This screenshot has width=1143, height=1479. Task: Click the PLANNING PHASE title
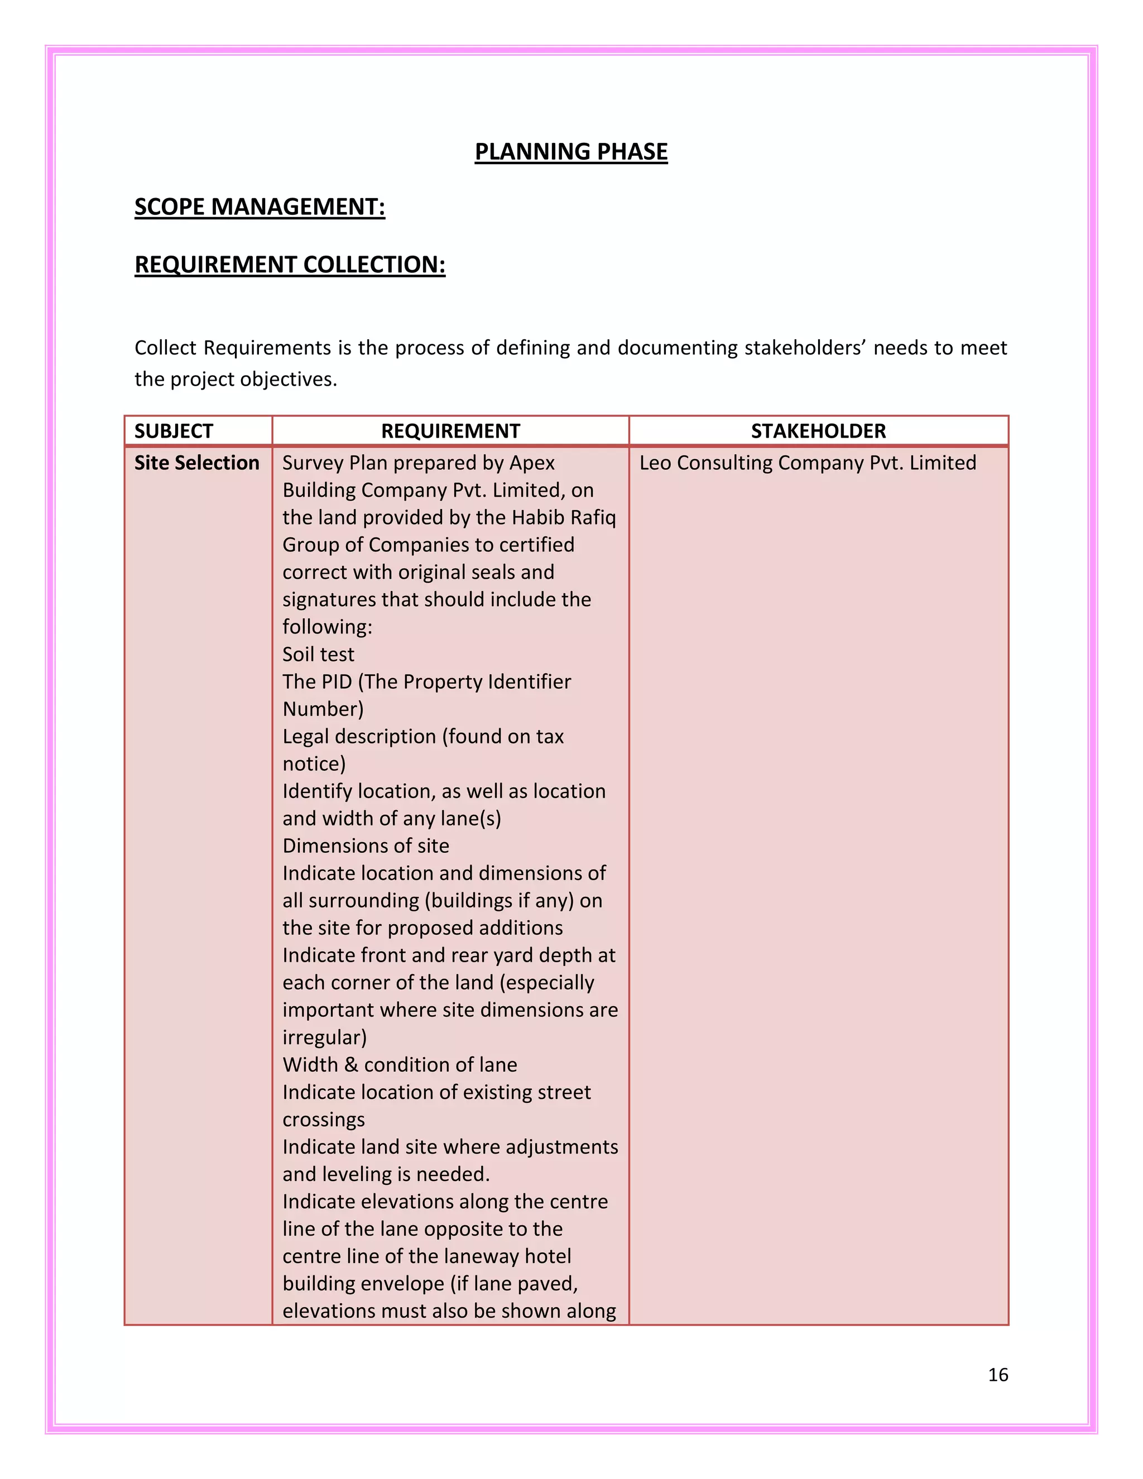pyautogui.click(x=571, y=152)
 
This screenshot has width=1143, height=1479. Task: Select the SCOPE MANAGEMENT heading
pyautogui.click(x=260, y=207)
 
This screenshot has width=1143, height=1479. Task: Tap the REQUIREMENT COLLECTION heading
pyautogui.click(x=290, y=264)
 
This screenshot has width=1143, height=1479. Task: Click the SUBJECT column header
pyautogui.click(x=174, y=431)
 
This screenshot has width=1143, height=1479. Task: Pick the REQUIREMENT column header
pyautogui.click(x=450, y=431)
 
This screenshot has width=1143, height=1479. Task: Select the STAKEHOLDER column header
pyautogui.click(x=818, y=431)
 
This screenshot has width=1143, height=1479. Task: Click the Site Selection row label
pyautogui.click(x=196, y=463)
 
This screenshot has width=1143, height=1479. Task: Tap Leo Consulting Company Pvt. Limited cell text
pyautogui.click(x=807, y=463)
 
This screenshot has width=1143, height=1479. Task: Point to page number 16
pyautogui.click(x=997, y=1375)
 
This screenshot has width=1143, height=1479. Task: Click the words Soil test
pyautogui.click(x=318, y=654)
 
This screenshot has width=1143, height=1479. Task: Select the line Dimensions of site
pyautogui.click(x=366, y=846)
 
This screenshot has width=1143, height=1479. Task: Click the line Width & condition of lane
pyautogui.click(x=400, y=1064)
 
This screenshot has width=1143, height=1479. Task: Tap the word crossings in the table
pyautogui.click(x=324, y=1120)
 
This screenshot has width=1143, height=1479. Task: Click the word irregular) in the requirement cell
pyautogui.click(x=324, y=1038)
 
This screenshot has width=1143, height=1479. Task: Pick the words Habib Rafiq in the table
pyautogui.click(x=563, y=517)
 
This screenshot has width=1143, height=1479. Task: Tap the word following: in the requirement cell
pyautogui.click(x=327, y=626)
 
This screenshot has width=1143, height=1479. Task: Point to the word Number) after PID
pyautogui.click(x=323, y=709)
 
